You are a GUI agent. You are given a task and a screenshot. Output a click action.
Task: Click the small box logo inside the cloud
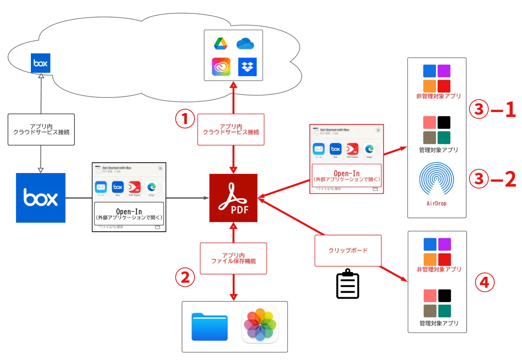tap(41, 63)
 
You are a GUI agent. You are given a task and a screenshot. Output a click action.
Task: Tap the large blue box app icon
tap(40, 198)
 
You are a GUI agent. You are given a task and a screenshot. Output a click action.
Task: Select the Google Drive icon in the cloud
tap(221, 44)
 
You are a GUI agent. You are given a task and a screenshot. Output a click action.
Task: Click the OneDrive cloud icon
tap(245, 44)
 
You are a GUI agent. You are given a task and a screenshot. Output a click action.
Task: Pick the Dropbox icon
tap(248, 67)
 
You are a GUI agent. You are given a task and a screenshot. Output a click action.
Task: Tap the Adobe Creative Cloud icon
tap(221, 67)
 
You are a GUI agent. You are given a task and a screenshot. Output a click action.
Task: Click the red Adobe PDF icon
tap(233, 197)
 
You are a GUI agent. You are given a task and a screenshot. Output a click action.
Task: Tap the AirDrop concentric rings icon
tap(437, 180)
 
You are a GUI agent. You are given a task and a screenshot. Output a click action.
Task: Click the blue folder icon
tap(210, 327)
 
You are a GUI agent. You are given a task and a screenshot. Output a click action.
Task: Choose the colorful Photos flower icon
tap(260, 325)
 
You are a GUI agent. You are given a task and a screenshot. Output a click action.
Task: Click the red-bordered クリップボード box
tap(348, 250)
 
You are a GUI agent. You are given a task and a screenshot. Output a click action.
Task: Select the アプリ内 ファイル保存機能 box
tap(233, 258)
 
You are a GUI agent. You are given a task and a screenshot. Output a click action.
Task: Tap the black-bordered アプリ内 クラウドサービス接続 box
tap(40, 130)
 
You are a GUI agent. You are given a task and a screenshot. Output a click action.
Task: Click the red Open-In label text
tap(346, 173)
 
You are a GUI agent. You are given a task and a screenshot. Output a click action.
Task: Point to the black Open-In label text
tap(129, 212)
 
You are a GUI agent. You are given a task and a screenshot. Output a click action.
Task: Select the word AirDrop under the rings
tap(437, 203)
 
